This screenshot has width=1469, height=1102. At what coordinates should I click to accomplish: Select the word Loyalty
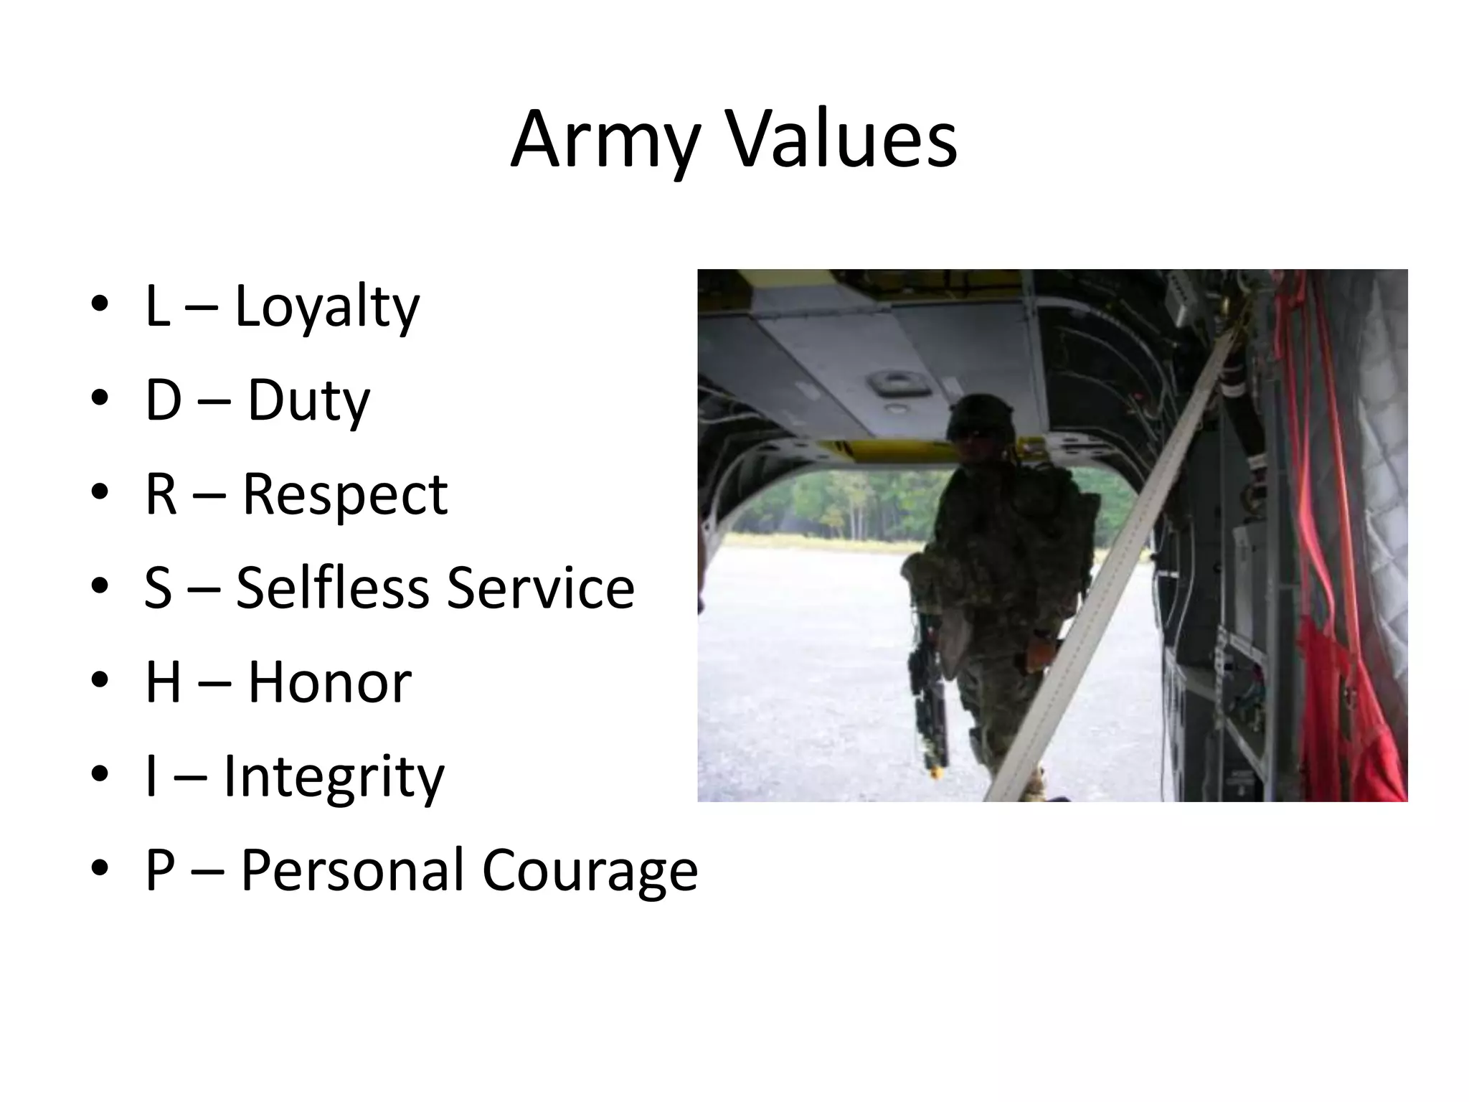coord(327,306)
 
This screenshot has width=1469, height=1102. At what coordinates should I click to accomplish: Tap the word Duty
coord(308,400)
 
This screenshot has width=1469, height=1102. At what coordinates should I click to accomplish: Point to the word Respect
coord(345,495)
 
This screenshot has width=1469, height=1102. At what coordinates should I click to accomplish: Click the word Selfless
coord(333,588)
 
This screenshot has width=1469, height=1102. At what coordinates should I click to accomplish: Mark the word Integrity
coord(334,776)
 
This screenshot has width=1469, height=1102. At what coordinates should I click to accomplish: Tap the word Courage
coord(590,870)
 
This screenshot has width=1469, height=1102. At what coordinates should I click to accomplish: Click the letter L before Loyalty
coord(157,306)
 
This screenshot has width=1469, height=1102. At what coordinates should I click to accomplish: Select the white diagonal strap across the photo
coord(1119,560)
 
